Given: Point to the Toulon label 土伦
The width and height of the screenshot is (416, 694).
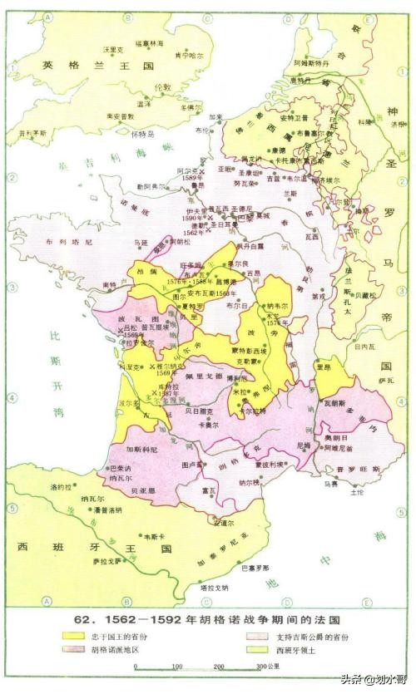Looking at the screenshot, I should [358, 492].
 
